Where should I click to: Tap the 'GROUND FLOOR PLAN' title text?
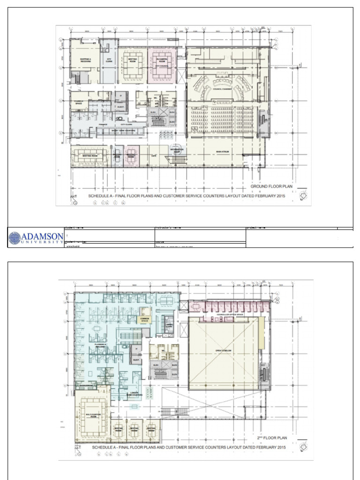(271, 186)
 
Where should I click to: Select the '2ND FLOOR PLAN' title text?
(272, 438)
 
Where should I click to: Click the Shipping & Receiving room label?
(85, 60)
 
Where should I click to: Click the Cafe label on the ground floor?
(153, 155)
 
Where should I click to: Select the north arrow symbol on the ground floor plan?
(304, 194)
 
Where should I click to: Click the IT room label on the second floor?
(137, 349)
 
